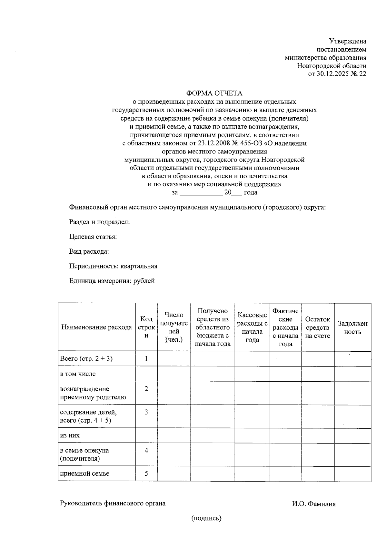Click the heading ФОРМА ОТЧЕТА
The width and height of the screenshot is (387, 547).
pyautogui.click(x=214, y=93)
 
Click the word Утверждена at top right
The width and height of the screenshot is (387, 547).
pyautogui.click(x=348, y=41)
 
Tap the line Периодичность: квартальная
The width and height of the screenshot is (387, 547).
pyautogui.click(x=113, y=266)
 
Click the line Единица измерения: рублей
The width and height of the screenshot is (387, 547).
pyautogui.click(x=112, y=281)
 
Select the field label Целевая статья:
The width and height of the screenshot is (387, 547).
pyautogui.click(x=93, y=237)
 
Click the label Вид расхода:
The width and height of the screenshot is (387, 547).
pyautogui.click(x=89, y=251)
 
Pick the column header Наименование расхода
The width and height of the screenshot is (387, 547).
pyautogui.click(x=96, y=327)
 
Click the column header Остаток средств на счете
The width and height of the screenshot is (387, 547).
pyautogui.click(x=318, y=327)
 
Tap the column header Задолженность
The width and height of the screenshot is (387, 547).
pyautogui.click(x=352, y=327)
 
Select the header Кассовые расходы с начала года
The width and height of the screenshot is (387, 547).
pyautogui.click(x=252, y=327)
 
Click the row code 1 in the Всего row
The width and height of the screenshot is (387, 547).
pyautogui.click(x=146, y=358)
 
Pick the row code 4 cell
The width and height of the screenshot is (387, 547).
pyautogui.click(x=146, y=450)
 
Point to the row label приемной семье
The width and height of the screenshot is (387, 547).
pyautogui.click(x=85, y=474)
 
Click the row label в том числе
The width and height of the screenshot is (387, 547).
pyautogui.click(x=78, y=374)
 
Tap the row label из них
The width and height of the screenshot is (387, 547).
pyautogui.click(x=70, y=435)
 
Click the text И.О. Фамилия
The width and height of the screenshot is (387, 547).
pyautogui.click(x=314, y=504)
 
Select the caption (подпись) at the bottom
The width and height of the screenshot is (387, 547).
pyautogui.click(x=206, y=518)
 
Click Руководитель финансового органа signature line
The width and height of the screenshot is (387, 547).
pyautogui.click(x=113, y=503)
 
